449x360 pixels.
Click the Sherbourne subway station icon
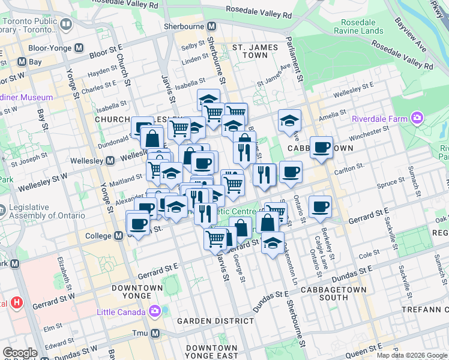coord(211,27)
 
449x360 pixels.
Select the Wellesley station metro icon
coord(110,160)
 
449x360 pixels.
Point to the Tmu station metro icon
coord(155,333)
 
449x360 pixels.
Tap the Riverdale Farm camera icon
coord(417,118)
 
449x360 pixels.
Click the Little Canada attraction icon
coord(155,311)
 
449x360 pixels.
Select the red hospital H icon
coord(17,303)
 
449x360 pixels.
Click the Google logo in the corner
coord(20,353)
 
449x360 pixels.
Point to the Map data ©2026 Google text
coord(411,355)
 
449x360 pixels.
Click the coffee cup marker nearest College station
coord(138,224)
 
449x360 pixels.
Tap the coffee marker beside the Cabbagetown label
coord(321,146)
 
